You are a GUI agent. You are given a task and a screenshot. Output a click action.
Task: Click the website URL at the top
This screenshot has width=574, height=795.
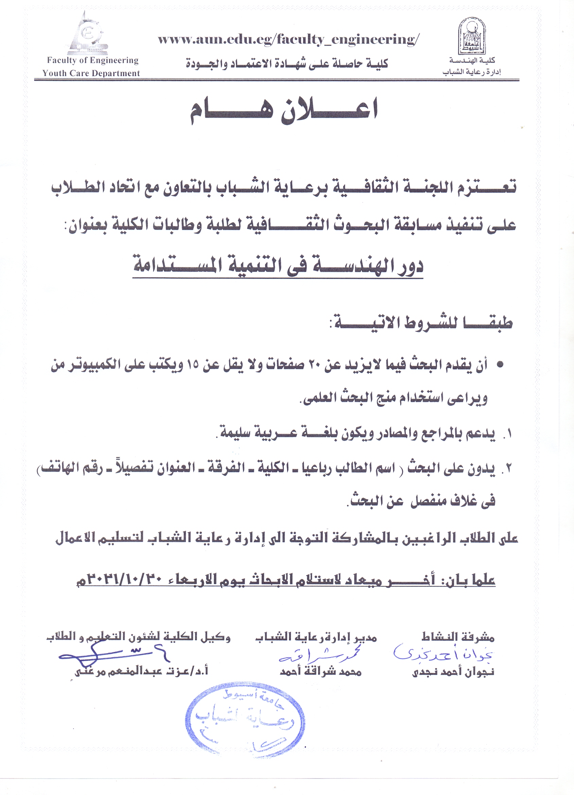pyautogui.click(x=288, y=39)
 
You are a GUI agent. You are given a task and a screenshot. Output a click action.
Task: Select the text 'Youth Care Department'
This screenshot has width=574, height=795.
pyautogui.click(x=91, y=73)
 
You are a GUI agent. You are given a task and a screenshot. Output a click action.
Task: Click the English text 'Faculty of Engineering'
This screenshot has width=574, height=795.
pyautogui.click(x=92, y=60)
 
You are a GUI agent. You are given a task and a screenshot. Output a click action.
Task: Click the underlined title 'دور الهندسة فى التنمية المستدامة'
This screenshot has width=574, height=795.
pyautogui.click(x=278, y=266)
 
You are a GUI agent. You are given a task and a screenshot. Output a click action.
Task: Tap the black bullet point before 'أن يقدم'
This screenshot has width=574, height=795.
pyautogui.click(x=500, y=365)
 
